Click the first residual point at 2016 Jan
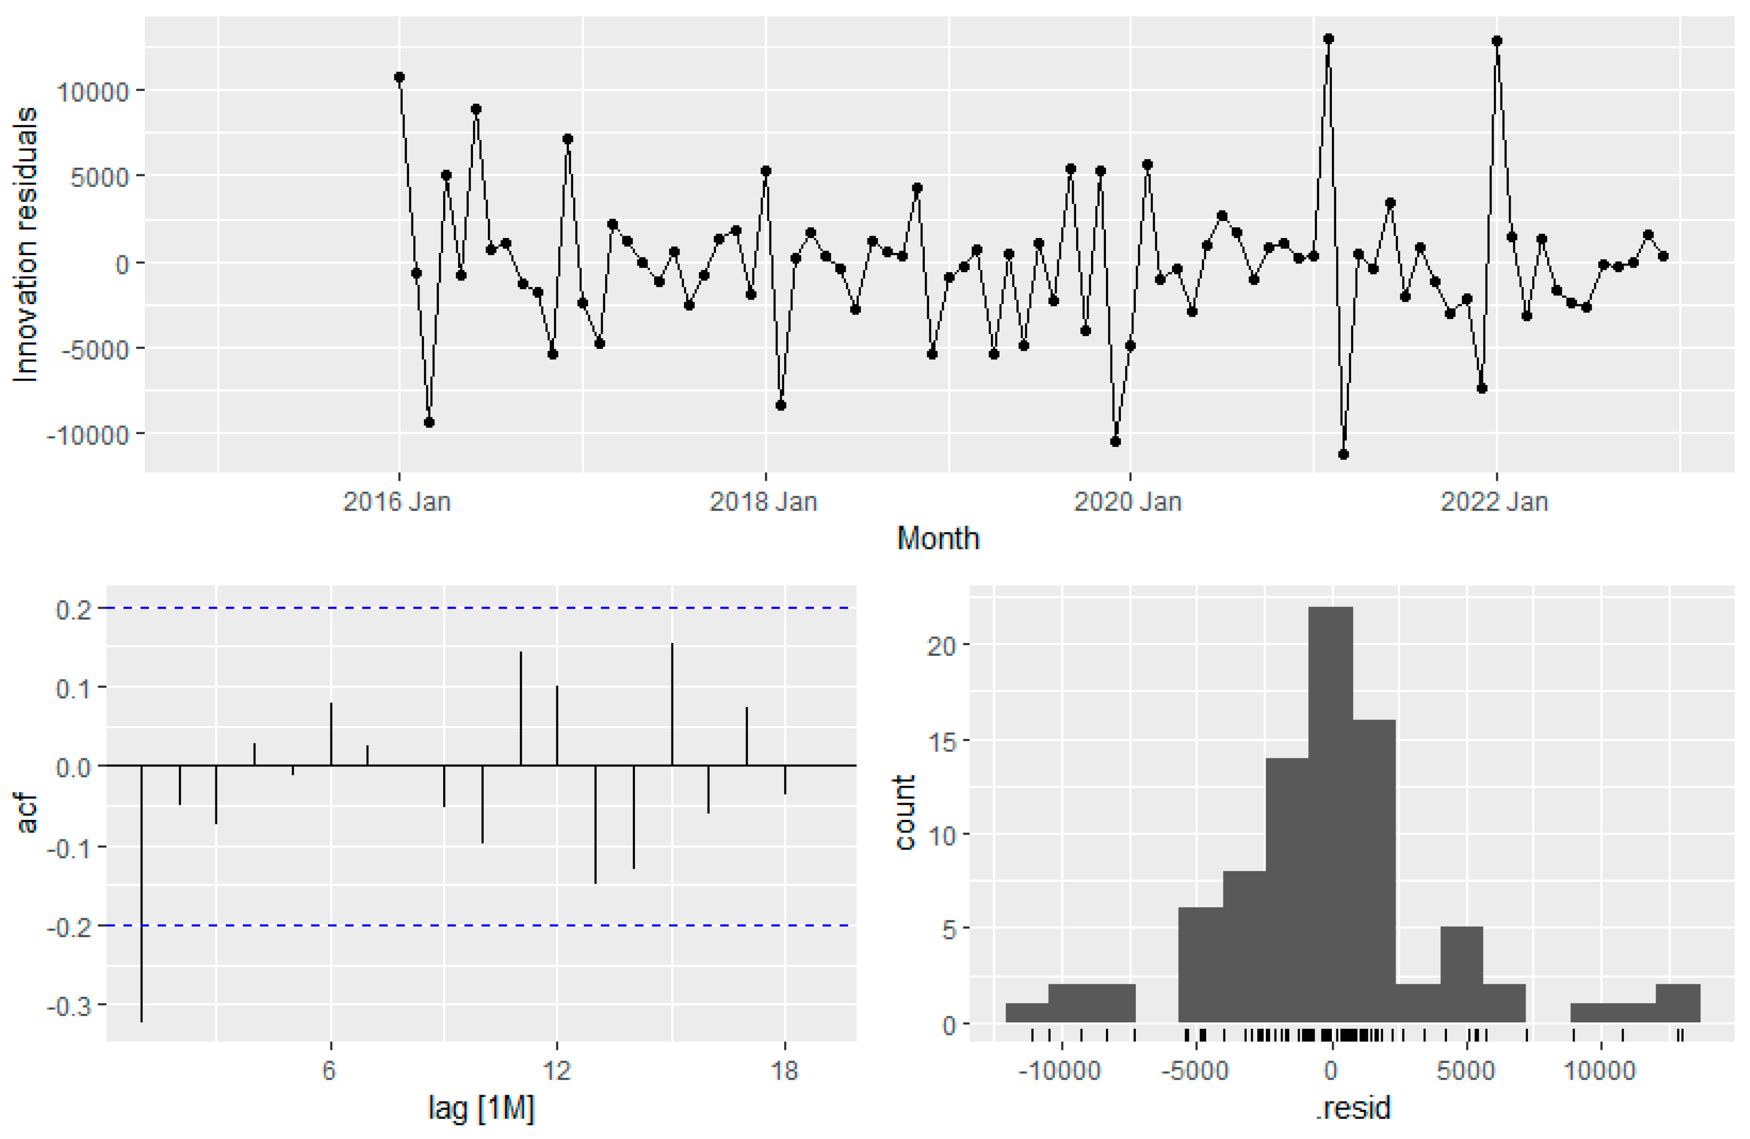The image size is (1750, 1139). click(399, 77)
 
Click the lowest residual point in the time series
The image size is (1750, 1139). click(1343, 454)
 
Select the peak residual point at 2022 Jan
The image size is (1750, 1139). click(1496, 41)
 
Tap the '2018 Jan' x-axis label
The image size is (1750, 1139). click(763, 502)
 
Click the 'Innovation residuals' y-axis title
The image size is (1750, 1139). click(26, 245)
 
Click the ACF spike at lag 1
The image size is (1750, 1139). click(141, 893)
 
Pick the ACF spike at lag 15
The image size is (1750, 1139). click(671, 704)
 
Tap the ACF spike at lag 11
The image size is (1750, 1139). click(521, 708)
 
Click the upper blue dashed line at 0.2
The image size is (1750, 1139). click(478, 608)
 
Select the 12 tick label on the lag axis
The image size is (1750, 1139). click(557, 1070)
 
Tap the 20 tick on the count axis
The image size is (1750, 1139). click(942, 646)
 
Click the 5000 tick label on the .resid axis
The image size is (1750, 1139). click(1465, 1070)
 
